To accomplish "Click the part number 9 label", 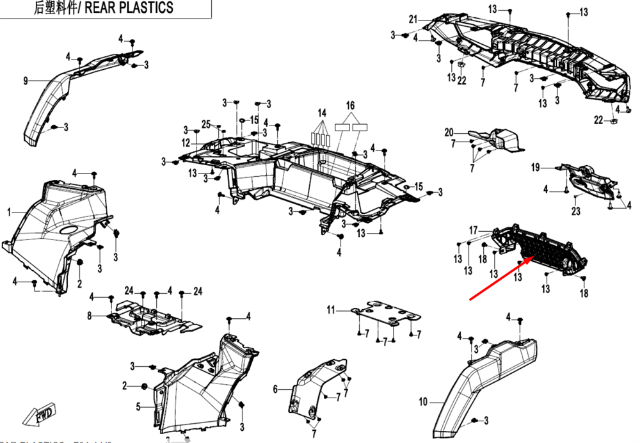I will tap(26, 81).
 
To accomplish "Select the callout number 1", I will tap(9, 211).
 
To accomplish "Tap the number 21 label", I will tap(413, 18).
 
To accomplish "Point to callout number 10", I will tap(423, 403).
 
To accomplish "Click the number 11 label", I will tap(330, 310).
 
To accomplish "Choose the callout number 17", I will tap(474, 230).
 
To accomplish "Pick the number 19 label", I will tap(536, 168).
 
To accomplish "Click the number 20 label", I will tap(449, 133).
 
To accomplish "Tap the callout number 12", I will tap(186, 142).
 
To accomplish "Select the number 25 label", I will tap(206, 124).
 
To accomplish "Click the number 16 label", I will tap(350, 105).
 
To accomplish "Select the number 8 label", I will tap(90, 315).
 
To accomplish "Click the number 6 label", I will tap(275, 389).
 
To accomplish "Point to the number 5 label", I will tap(138, 405).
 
